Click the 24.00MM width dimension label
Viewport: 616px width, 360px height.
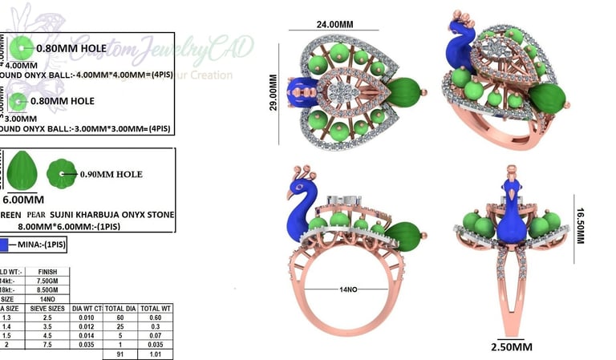334,24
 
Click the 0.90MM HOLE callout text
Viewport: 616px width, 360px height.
111,174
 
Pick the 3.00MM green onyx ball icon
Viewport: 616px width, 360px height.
18,101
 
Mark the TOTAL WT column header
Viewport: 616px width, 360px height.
155,307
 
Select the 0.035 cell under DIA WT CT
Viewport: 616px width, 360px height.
87,344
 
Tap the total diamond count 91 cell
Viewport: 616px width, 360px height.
121,353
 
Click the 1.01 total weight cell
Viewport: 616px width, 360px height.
155,353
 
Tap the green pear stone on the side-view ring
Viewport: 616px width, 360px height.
405,235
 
